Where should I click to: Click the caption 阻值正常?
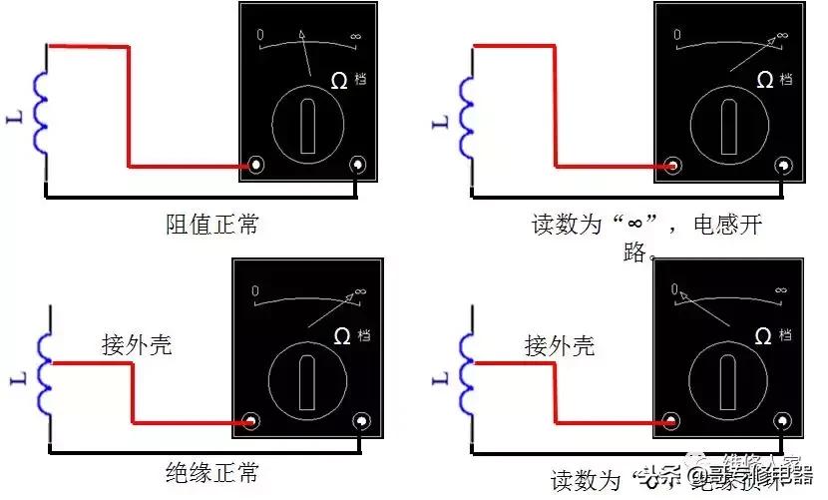pyautogui.click(x=211, y=225)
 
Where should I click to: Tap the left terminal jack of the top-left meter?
pyautogui.click(x=257, y=165)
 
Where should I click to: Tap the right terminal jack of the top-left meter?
pyautogui.click(x=358, y=165)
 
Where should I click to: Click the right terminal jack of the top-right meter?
pyautogui.click(x=781, y=166)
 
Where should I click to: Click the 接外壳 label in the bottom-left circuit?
pyautogui.click(x=137, y=346)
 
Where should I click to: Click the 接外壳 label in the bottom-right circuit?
pyautogui.click(x=560, y=346)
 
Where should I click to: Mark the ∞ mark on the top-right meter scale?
pyautogui.click(x=781, y=36)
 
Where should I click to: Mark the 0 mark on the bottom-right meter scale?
pyautogui.click(x=675, y=290)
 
